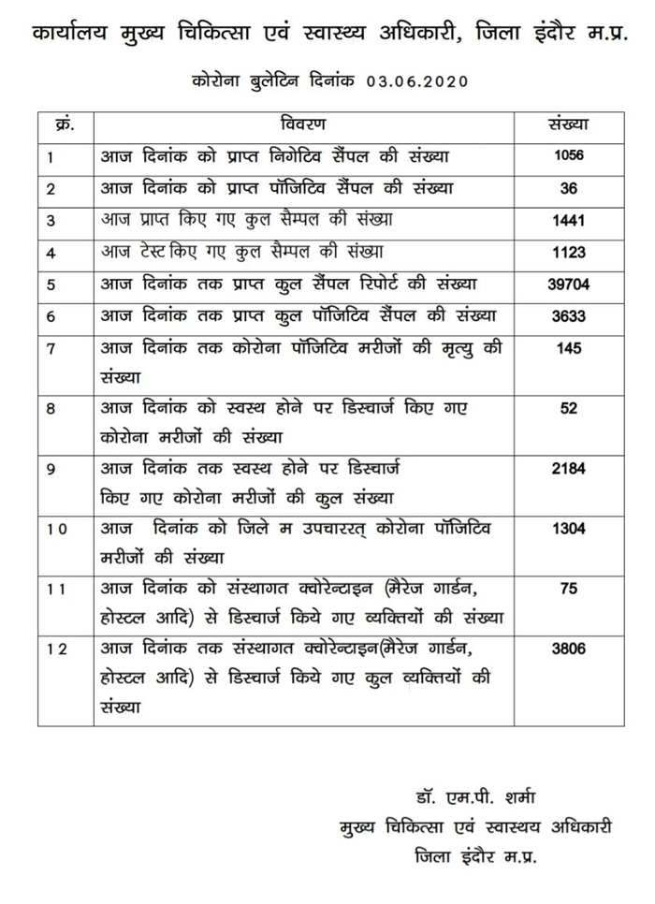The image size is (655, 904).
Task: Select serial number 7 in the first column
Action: point(51,349)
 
